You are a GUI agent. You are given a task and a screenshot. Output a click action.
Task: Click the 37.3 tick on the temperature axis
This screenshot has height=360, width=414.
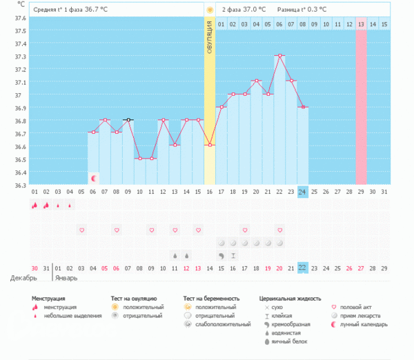pos(20,56)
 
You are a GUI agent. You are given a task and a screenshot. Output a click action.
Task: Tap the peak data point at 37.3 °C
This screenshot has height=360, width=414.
pos(279,55)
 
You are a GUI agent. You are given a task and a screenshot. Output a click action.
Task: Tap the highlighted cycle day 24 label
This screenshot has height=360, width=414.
pos(302,191)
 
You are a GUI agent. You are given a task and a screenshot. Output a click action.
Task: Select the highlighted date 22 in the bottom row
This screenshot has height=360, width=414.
pos(302,268)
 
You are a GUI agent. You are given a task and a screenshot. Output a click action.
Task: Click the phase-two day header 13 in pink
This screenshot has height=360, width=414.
pos(361,24)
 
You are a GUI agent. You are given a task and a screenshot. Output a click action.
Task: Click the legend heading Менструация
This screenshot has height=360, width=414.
pos(53,299)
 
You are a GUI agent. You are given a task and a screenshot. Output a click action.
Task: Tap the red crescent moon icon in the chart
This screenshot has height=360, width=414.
pos(94,178)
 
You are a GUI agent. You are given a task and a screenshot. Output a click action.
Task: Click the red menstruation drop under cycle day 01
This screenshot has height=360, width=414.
pos(34,205)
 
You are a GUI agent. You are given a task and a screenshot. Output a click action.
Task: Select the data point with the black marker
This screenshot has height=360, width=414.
pos(128,119)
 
